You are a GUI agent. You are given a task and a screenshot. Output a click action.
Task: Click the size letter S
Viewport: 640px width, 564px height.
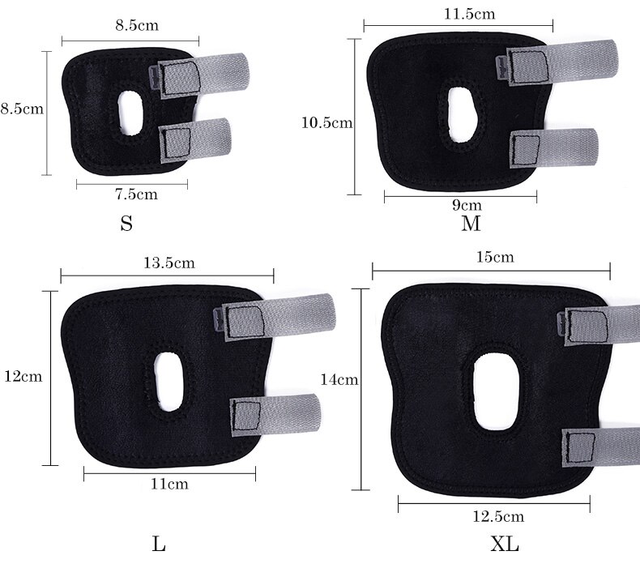[126, 224]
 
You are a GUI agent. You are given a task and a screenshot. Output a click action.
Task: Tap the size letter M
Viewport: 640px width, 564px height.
[471, 224]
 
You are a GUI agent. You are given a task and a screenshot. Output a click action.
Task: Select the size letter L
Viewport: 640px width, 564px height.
[159, 544]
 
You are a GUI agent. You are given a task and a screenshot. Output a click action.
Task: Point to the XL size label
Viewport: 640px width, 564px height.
[505, 544]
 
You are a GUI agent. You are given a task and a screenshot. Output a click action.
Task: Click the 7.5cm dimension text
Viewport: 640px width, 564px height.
[136, 194]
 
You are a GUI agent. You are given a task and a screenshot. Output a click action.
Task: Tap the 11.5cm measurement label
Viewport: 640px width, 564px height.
[469, 15]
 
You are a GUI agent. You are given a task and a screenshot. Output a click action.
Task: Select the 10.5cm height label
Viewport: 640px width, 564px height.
[327, 122]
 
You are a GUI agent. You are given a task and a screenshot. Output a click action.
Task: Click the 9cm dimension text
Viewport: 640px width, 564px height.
[467, 204]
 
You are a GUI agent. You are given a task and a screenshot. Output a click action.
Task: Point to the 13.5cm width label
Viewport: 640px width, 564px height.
[169, 263]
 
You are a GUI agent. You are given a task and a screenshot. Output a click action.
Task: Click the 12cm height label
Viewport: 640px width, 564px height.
[23, 376]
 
